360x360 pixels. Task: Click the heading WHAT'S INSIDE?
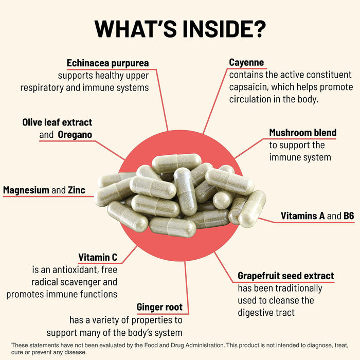pos(180,29)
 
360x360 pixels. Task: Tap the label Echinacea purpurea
pos(108,63)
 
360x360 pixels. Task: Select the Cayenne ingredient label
pos(246,63)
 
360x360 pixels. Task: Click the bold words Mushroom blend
pos(303,133)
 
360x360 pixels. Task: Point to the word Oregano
pos(75,135)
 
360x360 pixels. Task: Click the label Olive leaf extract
pos(57,122)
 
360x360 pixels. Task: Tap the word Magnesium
pos(26,190)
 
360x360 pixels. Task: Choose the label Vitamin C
pos(98,257)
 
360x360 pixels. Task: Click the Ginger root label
pos(159,308)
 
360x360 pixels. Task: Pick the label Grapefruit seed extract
pos(285,276)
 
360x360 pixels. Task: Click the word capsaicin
pos(249,87)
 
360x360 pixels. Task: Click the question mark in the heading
pos(257,29)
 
